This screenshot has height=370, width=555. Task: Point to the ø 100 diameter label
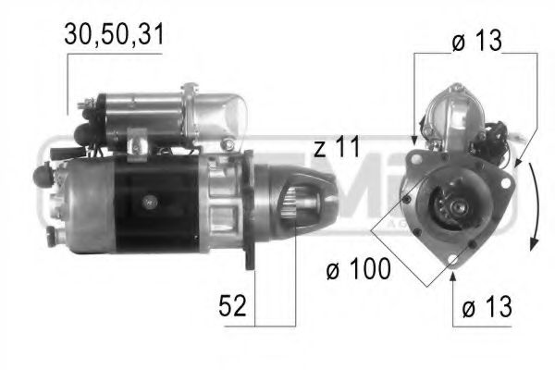[357, 269]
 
